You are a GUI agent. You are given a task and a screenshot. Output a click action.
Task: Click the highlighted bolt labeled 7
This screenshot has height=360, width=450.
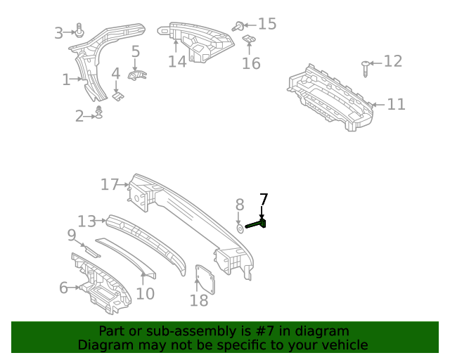[257, 224]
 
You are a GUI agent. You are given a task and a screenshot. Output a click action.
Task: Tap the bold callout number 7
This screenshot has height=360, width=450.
[264, 199]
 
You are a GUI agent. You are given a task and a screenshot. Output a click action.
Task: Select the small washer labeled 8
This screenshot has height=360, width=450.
[240, 228]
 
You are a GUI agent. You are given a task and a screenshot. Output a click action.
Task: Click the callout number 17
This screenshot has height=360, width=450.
[110, 185]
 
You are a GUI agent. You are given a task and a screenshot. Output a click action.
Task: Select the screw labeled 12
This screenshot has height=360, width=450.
[365, 68]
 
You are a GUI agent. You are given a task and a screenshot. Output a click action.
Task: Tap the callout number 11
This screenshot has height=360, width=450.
[397, 105]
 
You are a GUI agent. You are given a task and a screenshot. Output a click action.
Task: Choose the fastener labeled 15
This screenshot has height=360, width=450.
[239, 26]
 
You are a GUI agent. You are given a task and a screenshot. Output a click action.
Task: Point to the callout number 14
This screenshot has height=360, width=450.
[177, 62]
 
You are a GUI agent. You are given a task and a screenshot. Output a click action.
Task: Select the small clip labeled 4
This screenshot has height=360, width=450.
[118, 92]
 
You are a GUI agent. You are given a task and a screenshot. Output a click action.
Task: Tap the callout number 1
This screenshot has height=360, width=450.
[66, 80]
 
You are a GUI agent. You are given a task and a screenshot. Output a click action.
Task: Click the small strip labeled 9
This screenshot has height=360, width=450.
[89, 250]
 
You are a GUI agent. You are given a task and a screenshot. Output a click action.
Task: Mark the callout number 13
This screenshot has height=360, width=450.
[86, 221]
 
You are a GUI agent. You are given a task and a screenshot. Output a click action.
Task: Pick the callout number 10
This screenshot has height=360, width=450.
[145, 293]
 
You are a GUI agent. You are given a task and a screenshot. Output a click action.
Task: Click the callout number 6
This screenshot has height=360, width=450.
[63, 288]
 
